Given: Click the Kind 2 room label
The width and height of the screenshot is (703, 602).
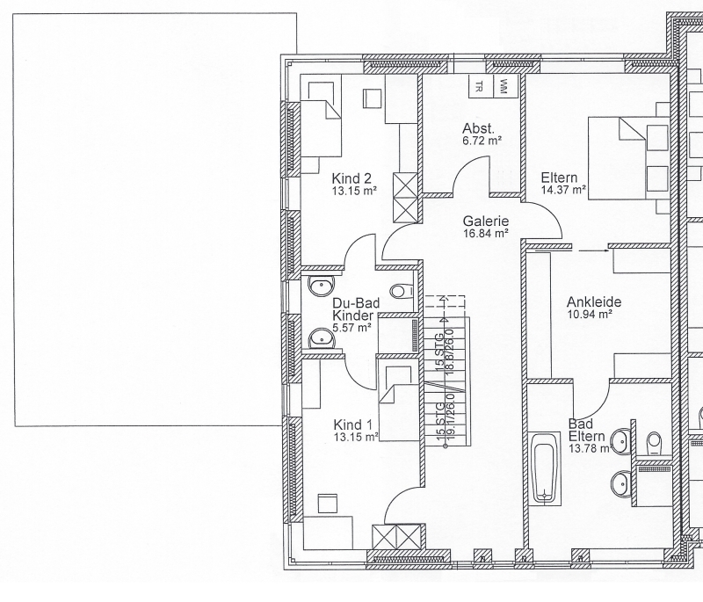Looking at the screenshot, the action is click(351, 178).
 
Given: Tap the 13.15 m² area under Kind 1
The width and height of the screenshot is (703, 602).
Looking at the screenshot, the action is click(356, 437).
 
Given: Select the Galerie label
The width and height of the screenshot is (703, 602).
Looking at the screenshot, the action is click(486, 221).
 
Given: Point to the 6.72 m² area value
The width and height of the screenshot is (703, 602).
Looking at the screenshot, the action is click(482, 141).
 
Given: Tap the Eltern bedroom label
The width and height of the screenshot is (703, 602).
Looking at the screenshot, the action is click(559, 178).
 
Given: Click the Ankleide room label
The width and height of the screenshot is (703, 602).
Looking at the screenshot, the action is click(594, 301).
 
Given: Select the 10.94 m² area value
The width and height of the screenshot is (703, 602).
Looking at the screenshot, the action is click(590, 315).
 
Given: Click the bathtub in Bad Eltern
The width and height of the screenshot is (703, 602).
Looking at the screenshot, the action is click(545, 467).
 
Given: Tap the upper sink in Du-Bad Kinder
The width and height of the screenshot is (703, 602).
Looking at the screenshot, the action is click(322, 286).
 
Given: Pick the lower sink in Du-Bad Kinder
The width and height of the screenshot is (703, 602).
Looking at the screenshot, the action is click(322, 338).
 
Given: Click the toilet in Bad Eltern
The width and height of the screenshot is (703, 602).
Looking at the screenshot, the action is click(655, 443).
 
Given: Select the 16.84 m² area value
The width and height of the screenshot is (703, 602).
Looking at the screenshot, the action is click(486, 233).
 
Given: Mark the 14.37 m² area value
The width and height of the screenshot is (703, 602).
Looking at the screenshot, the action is click(563, 190).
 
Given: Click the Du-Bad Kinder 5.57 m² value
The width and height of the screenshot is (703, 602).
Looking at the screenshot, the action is click(351, 328).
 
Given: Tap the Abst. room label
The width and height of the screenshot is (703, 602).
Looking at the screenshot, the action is click(478, 128).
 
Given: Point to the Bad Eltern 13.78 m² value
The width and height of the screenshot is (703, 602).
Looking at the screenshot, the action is click(590, 448).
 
